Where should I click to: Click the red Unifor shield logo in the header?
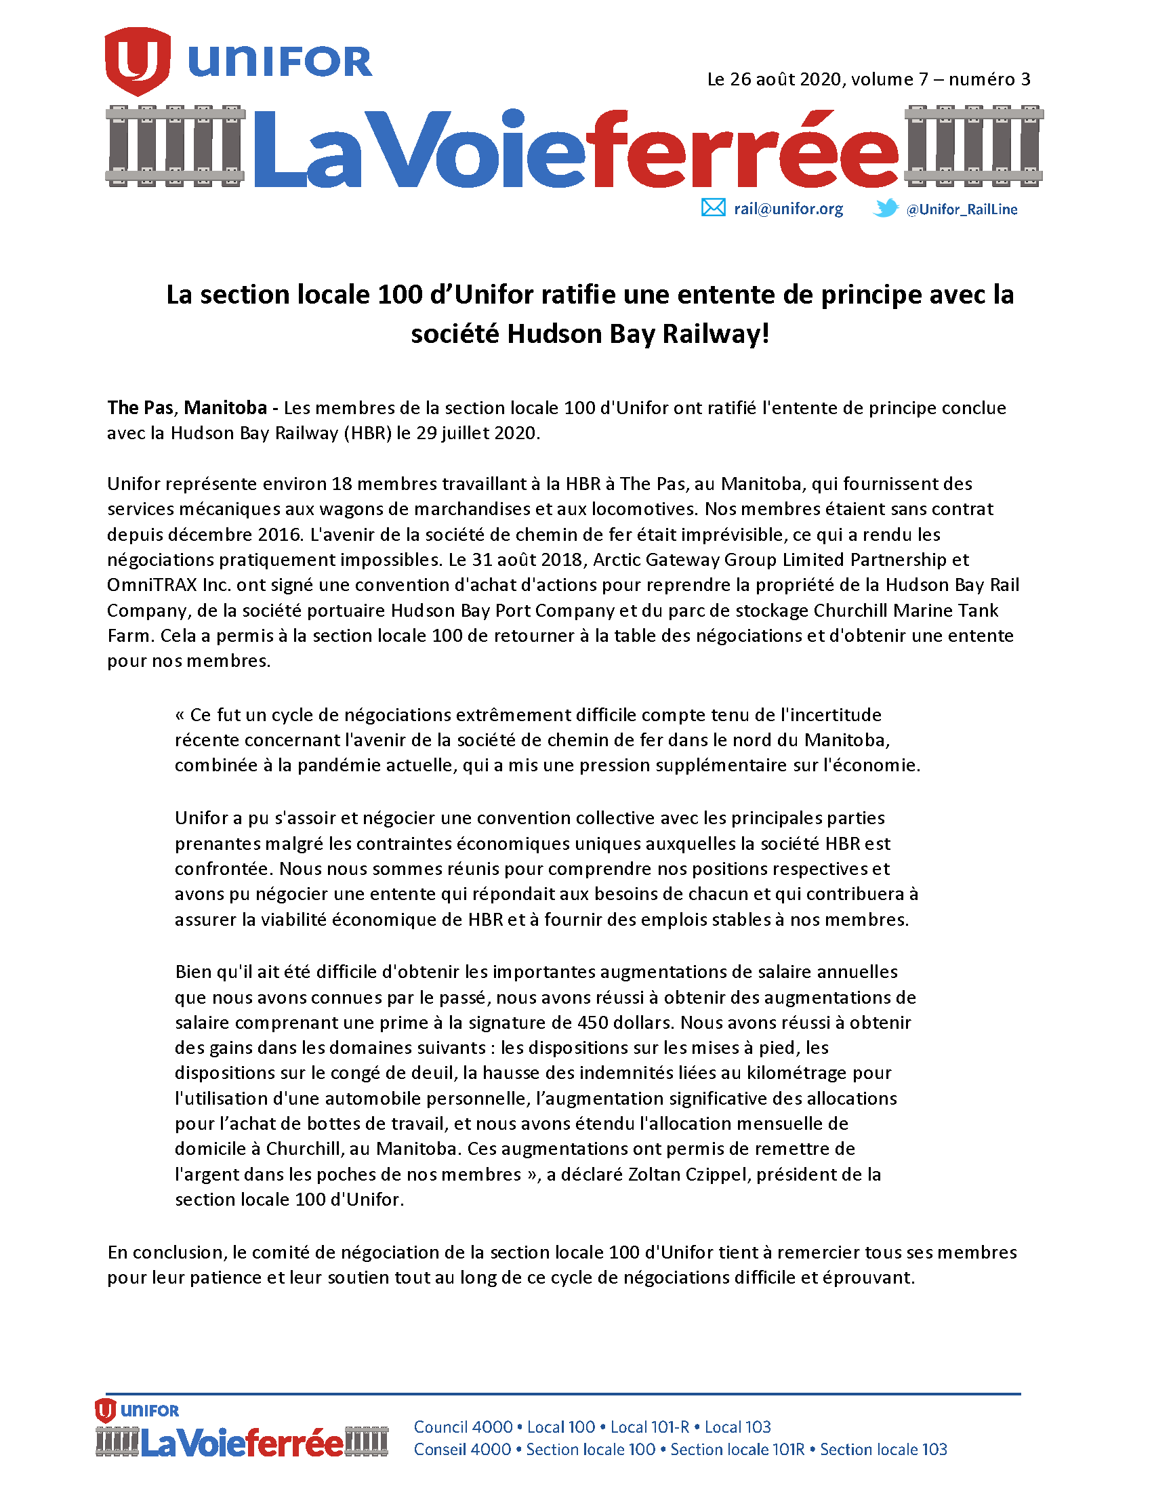137,61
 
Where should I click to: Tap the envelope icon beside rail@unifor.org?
713,207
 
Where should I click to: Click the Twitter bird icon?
885,207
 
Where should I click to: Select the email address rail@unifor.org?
788,209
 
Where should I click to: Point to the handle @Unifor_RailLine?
961,209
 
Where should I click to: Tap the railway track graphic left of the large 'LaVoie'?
176,146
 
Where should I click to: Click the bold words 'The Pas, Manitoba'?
186,407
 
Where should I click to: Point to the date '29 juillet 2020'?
477,434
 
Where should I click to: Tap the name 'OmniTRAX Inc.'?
169,585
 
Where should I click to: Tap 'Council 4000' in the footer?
463,1427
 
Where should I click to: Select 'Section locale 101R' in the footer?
737,1450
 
